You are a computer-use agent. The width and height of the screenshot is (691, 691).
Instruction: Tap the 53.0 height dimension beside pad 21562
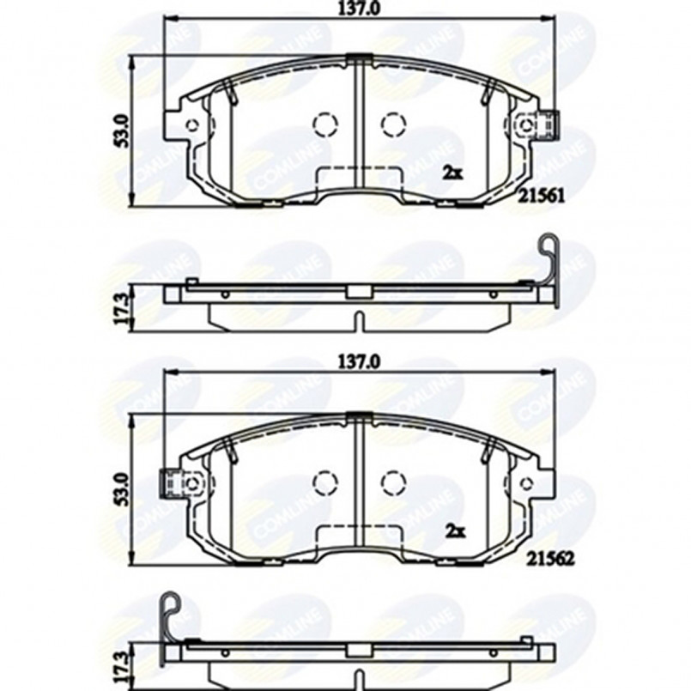[121, 487]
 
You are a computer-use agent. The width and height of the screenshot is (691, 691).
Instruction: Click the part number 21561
[540, 196]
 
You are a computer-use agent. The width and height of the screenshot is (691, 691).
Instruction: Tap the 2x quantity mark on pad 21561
[452, 173]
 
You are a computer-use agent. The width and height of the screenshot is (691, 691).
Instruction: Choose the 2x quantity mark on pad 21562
[452, 531]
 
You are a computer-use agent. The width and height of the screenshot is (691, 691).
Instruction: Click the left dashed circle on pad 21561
[325, 125]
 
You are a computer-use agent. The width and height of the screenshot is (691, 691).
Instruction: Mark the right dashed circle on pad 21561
[392, 125]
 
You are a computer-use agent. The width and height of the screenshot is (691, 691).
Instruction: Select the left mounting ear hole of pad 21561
[192, 125]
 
